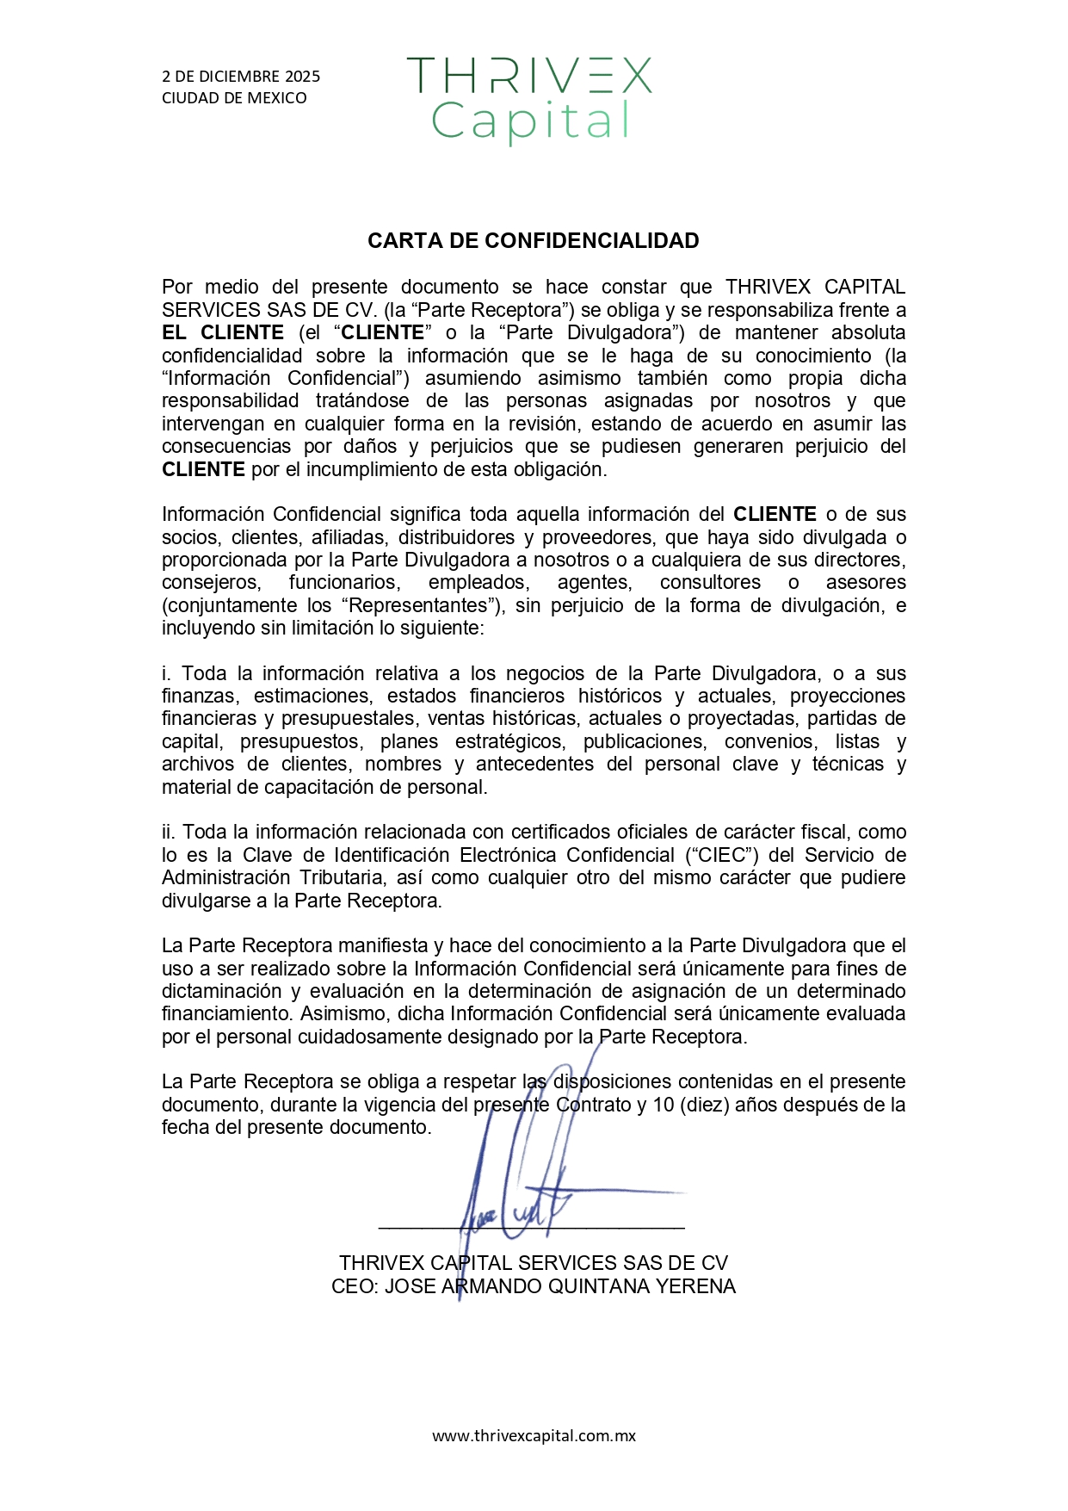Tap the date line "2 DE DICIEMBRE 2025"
pyautogui.click(x=241, y=77)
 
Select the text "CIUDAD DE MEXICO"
pyautogui.click(x=234, y=98)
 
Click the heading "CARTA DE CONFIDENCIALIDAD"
pyautogui.click(x=533, y=241)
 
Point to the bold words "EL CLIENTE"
pyautogui.click(x=223, y=333)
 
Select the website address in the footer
pyautogui.click(x=534, y=1435)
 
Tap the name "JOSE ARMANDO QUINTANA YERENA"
pyautogui.click(x=559, y=1286)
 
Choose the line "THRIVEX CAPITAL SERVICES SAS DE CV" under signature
pyautogui.click(x=533, y=1263)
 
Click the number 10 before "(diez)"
pyautogui.click(x=664, y=1105)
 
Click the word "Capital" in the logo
pyautogui.click(x=531, y=121)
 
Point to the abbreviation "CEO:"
pyautogui.click(x=355, y=1286)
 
